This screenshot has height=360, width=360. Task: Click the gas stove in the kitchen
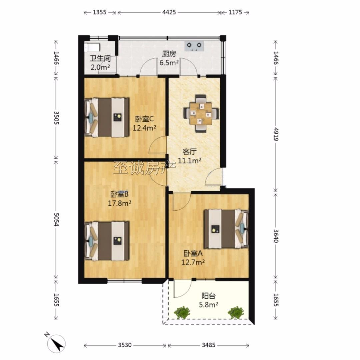pos(194,46)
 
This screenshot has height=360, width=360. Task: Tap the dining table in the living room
pos(201,113)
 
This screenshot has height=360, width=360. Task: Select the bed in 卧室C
pos(107,118)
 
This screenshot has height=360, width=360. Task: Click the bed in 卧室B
pos(107,241)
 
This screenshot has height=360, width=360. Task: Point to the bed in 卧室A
pos(226,229)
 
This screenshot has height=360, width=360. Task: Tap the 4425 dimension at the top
pos(169,12)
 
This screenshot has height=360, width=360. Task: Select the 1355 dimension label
pos(100,12)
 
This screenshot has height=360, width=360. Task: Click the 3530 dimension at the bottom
pos(125,345)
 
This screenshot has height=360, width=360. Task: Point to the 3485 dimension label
pos(209,345)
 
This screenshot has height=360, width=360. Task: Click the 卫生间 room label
pos(100,59)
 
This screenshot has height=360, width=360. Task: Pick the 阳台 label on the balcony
pos(208,296)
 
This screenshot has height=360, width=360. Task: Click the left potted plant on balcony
pos(182,312)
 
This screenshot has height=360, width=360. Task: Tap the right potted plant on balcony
pos(236,312)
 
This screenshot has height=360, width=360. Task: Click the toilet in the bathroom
pos(92,48)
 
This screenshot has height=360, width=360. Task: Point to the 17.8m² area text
pos(120,203)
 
